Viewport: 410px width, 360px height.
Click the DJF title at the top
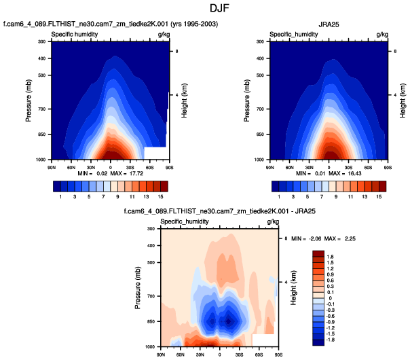click(x=204, y=9)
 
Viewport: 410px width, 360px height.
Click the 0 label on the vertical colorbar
click(x=332, y=298)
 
